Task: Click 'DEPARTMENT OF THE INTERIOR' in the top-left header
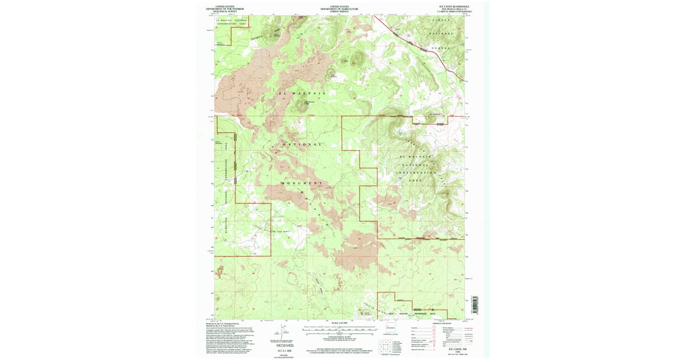pos(225,9)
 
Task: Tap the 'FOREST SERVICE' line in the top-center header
pos(340,12)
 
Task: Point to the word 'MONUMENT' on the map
pos(301,183)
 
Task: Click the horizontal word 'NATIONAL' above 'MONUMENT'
pos(301,145)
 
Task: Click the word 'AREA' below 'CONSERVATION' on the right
pos(416,179)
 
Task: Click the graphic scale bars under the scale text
pos(340,330)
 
